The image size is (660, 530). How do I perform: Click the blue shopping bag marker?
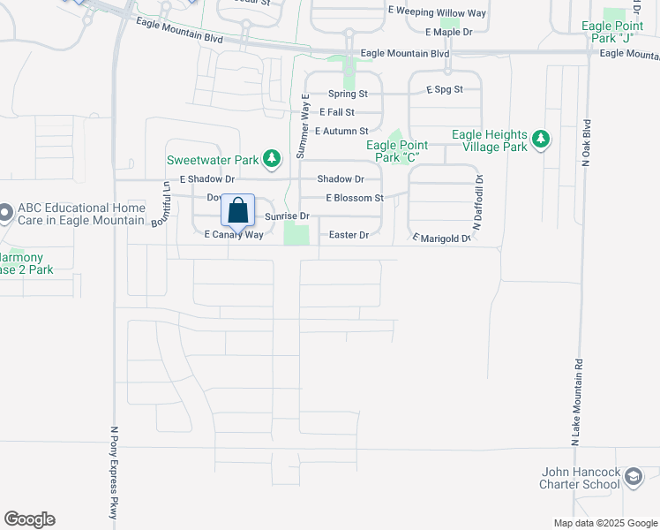point(238,212)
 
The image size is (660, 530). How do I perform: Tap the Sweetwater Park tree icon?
point(273,159)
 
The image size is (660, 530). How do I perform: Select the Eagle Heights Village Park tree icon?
point(540,140)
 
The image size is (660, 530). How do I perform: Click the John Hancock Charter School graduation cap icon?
point(633,478)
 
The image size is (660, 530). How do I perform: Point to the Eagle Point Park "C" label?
point(397,151)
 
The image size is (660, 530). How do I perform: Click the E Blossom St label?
point(355,199)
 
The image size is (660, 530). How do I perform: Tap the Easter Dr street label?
point(349,235)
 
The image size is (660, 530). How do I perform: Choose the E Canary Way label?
point(234,235)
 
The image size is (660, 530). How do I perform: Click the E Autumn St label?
point(338,131)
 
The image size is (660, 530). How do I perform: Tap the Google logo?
point(29,519)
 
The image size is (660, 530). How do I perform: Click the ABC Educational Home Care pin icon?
point(5,213)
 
